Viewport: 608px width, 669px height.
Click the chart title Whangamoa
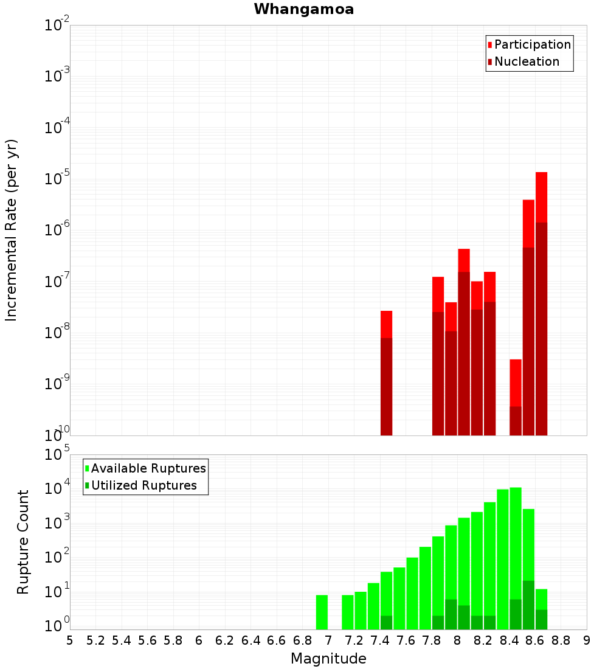coord(304,9)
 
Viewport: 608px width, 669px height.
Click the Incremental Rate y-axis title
coord(12,230)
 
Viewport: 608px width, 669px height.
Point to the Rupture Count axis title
coord(23,542)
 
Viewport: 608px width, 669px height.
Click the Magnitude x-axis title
coord(328,659)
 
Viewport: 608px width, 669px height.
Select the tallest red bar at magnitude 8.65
coord(542,304)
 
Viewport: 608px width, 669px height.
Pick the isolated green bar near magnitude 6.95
coord(322,612)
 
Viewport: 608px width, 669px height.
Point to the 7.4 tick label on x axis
coord(380,640)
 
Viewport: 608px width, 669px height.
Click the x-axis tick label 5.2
coord(95,640)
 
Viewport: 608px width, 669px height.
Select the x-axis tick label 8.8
coord(561,640)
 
